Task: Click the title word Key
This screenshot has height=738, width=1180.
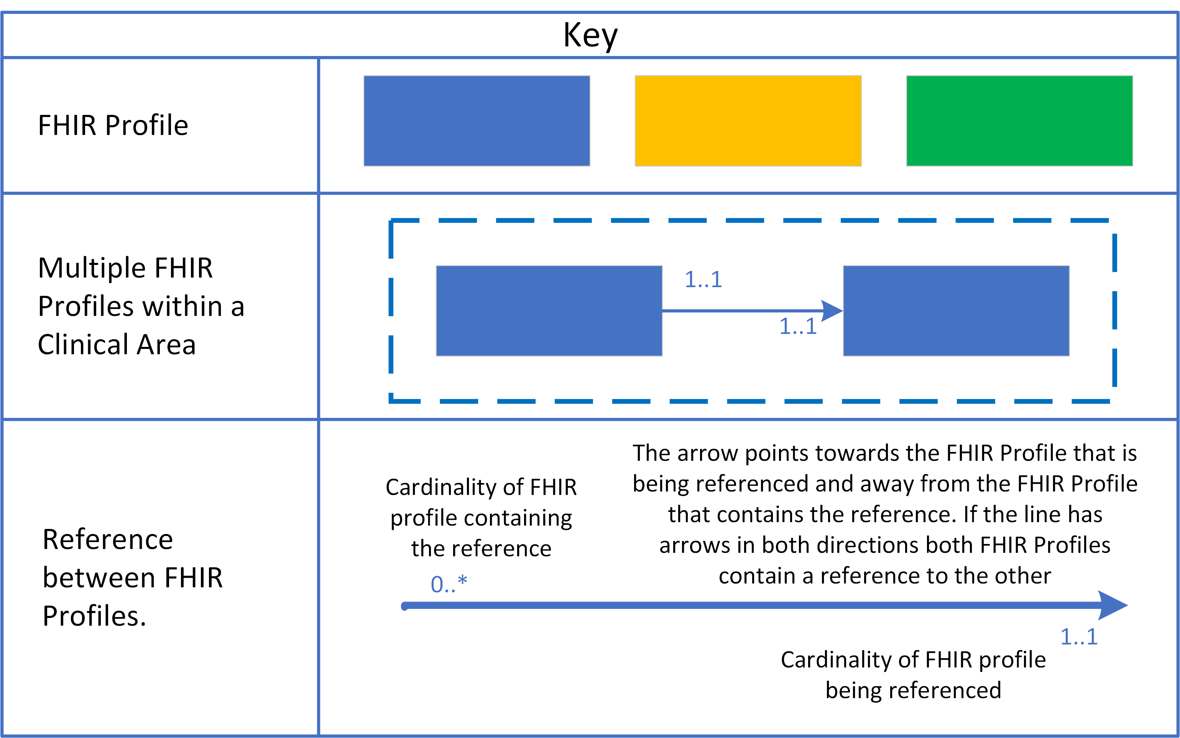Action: coord(590,35)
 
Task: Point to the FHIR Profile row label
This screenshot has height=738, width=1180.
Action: coord(113,125)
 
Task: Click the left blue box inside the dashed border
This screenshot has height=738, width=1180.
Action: coord(549,311)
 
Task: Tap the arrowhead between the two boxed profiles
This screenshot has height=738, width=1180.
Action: coord(832,311)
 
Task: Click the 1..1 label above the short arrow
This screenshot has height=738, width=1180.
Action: coord(703,280)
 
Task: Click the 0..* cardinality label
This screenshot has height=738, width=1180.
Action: coord(449,584)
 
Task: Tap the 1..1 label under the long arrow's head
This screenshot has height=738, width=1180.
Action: coord(1078,637)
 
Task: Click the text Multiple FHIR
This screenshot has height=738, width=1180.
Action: coord(125,268)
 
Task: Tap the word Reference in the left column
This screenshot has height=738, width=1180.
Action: coord(107,539)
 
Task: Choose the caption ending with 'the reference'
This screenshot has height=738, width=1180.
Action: coord(481,518)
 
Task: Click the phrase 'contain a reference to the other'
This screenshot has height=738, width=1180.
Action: coord(884,576)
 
